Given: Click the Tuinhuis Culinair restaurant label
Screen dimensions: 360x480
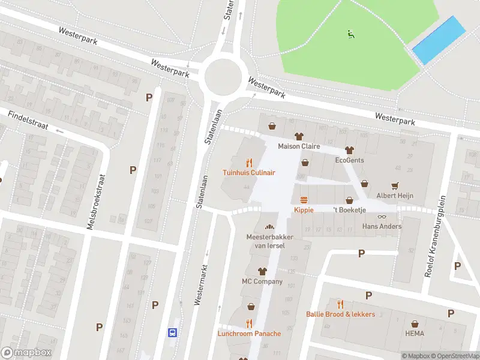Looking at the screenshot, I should click(x=249, y=172).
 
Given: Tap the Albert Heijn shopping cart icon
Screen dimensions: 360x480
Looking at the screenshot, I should click(x=395, y=185).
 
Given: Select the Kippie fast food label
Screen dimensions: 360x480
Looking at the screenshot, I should click(x=304, y=210).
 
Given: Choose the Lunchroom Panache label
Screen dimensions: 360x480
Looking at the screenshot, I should click(x=249, y=333).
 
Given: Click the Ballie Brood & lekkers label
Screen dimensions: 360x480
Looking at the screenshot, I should click(x=340, y=314).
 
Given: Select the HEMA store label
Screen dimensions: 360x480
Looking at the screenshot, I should click(x=415, y=334).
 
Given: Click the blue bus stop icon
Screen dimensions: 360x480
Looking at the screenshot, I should click(x=172, y=332).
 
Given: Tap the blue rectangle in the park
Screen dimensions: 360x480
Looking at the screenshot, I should click(x=439, y=40).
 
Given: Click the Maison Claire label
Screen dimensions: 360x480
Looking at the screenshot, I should click(x=298, y=146).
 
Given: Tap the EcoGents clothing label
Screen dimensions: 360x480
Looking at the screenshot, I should click(x=349, y=160).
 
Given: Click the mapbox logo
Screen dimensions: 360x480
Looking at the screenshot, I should click(x=26, y=353).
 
